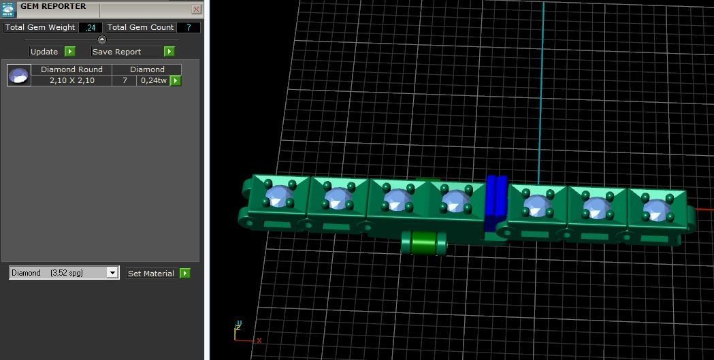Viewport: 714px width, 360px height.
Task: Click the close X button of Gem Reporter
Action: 197,10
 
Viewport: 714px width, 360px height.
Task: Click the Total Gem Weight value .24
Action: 91,28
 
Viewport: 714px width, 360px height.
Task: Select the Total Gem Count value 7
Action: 188,28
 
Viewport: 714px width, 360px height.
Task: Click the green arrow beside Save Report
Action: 169,52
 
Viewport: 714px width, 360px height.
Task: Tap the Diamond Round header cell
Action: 71,69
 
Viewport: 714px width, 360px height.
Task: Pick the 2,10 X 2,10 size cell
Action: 71,80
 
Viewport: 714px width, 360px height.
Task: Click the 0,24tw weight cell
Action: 153,80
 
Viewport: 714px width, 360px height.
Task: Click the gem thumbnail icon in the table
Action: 19,75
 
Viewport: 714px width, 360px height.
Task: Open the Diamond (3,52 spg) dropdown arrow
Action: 112,273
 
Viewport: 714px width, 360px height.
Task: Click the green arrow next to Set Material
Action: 184,274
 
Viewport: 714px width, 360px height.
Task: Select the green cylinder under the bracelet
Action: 423,242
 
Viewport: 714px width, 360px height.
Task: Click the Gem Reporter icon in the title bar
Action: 8,10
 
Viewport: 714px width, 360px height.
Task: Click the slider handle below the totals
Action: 102,39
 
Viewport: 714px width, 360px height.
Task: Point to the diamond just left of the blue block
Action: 454,201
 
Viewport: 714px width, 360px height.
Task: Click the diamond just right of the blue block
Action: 537,204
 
